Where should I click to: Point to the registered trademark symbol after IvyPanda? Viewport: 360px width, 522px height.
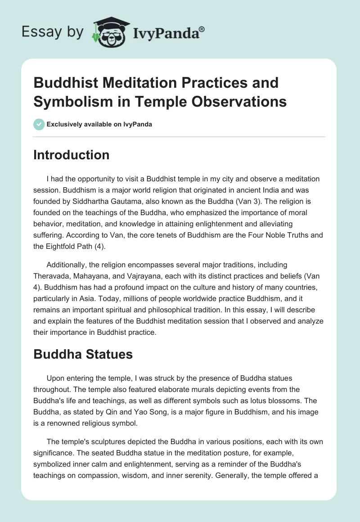coord(202,29)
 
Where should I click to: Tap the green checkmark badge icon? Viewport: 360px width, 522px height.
coord(39,124)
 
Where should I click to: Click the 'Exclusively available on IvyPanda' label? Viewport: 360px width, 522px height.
coord(100,125)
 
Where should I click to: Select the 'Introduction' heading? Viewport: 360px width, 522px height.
coord(72,155)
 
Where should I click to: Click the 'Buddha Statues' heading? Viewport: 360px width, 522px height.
coord(83,354)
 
